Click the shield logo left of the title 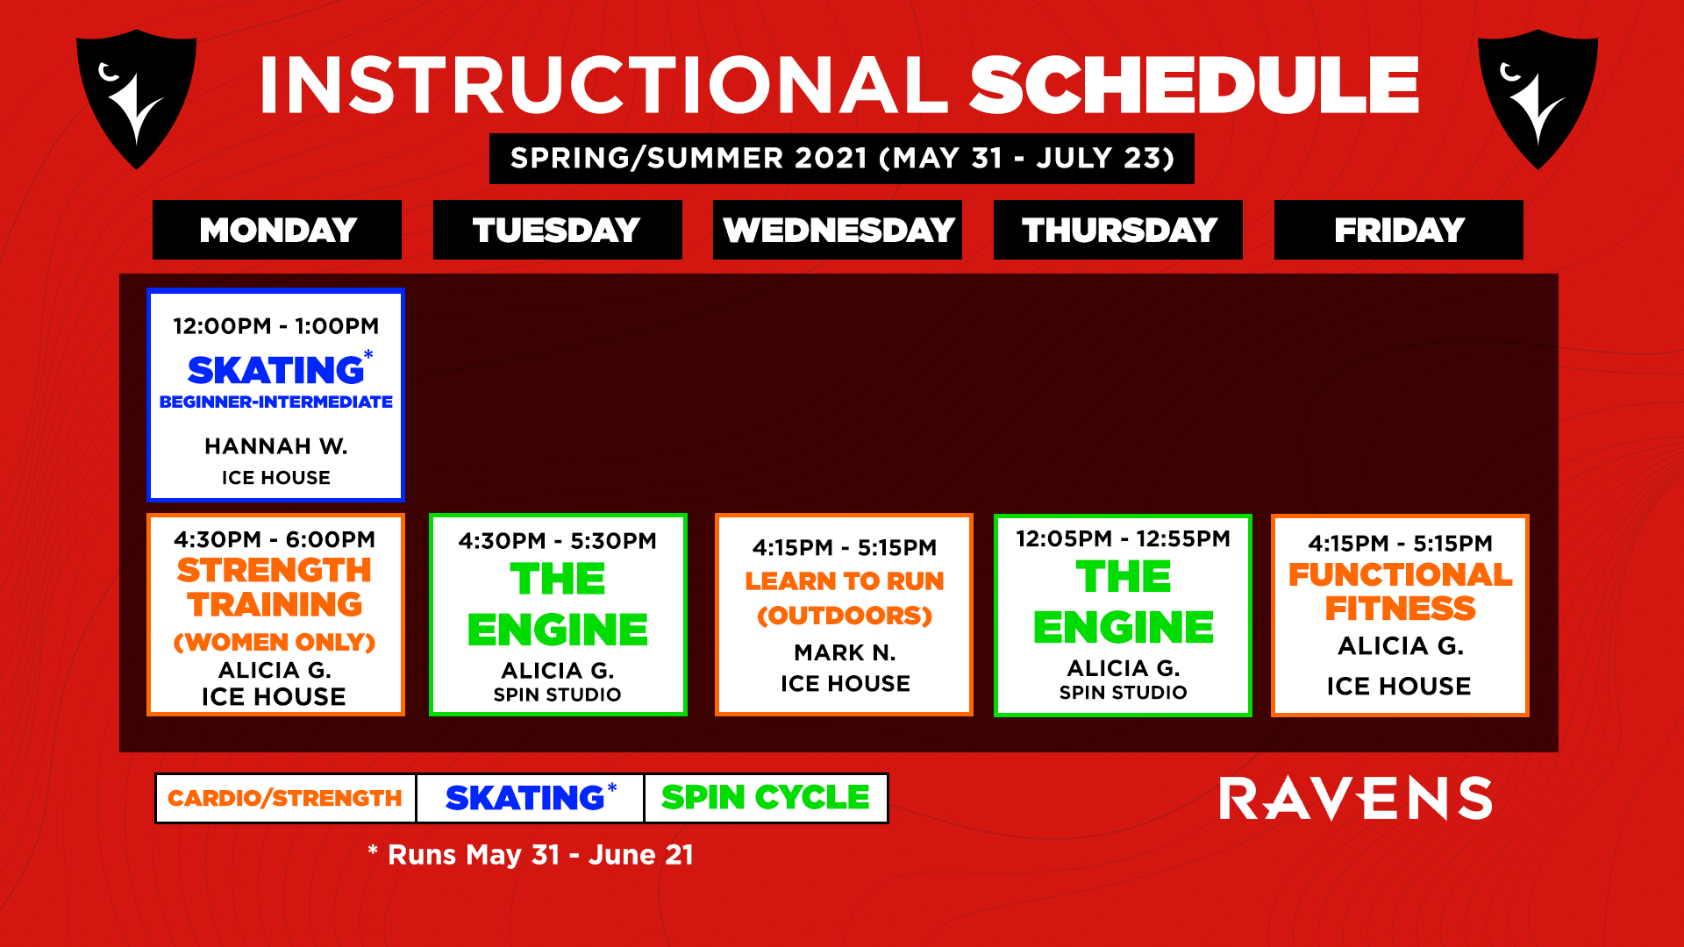pyautogui.click(x=136, y=98)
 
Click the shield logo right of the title pyautogui.click(x=1538, y=98)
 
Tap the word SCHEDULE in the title pyautogui.click(x=1194, y=85)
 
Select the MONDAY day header pyautogui.click(x=277, y=230)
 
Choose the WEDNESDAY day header pyautogui.click(x=838, y=230)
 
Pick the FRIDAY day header pyautogui.click(x=1399, y=230)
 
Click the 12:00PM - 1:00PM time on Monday pyautogui.click(x=275, y=326)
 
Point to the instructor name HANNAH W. pyautogui.click(x=276, y=446)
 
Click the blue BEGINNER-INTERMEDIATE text pyautogui.click(x=276, y=402)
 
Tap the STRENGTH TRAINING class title pyautogui.click(x=275, y=587)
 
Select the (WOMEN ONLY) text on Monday pyautogui.click(x=275, y=642)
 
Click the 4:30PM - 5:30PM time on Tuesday pyautogui.click(x=557, y=541)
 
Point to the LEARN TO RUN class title pyautogui.click(x=845, y=581)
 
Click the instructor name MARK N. pyautogui.click(x=845, y=653)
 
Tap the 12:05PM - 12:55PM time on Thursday pyautogui.click(x=1123, y=539)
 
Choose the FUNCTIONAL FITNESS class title pyautogui.click(x=1400, y=592)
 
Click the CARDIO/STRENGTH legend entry pyautogui.click(x=285, y=798)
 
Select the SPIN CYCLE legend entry pyautogui.click(x=766, y=798)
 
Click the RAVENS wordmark pyautogui.click(x=1356, y=799)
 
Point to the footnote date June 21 pyautogui.click(x=641, y=855)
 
